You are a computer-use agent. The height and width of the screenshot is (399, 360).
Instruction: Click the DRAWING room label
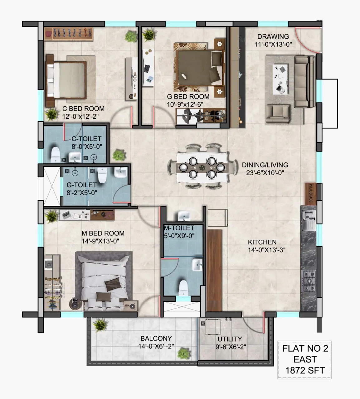(273, 36)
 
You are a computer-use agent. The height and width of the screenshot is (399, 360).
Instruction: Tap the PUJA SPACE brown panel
(311, 194)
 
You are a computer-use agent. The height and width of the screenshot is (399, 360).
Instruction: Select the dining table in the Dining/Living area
(202, 167)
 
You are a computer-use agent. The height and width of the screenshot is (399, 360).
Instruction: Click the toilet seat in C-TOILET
(56, 154)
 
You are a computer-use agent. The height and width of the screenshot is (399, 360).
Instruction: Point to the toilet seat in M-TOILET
(183, 288)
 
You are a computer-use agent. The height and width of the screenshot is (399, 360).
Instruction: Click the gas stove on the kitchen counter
(309, 281)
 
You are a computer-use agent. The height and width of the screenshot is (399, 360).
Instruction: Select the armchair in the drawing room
(278, 113)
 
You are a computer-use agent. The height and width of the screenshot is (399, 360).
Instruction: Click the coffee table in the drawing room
(280, 79)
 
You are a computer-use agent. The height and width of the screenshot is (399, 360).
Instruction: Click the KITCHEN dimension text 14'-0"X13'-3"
(267, 250)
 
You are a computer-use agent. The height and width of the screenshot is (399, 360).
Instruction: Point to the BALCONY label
(156, 338)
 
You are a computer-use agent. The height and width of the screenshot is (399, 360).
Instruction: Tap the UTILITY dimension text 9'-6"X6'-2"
(231, 347)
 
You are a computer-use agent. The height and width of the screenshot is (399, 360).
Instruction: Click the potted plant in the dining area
(119, 155)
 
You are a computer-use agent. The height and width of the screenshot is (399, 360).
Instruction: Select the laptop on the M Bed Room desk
(66, 214)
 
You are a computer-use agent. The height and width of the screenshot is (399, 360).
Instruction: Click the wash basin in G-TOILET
(121, 172)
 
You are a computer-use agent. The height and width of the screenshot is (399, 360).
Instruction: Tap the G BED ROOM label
(188, 97)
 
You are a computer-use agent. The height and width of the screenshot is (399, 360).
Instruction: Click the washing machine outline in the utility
(213, 327)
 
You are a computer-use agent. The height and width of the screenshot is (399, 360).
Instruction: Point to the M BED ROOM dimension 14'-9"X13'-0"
(100, 241)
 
